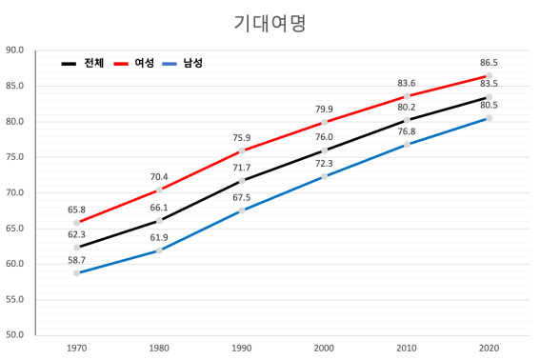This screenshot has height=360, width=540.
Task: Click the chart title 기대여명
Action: click(270, 23)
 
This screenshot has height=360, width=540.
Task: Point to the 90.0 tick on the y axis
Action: click(14, 50)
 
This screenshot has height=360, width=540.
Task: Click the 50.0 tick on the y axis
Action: click(14, 335)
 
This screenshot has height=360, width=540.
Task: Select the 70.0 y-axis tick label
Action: click(14, 193)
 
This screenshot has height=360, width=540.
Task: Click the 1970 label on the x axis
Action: click(76, 349)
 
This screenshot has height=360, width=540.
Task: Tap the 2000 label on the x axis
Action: click(324, 349)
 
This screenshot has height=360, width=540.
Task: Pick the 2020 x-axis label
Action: click(489, 349)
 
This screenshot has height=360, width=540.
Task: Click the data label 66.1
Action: click(158, 207)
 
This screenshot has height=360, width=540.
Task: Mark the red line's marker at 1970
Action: click(76, 223)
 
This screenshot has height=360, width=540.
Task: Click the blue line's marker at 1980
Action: click(159, 250)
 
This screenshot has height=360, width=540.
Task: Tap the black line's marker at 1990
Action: click(241, 181)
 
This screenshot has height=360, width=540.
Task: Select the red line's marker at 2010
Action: click(407, 96)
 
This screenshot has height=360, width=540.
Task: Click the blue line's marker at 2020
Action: click(489, 118)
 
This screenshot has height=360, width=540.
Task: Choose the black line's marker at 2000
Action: click(324, 150)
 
